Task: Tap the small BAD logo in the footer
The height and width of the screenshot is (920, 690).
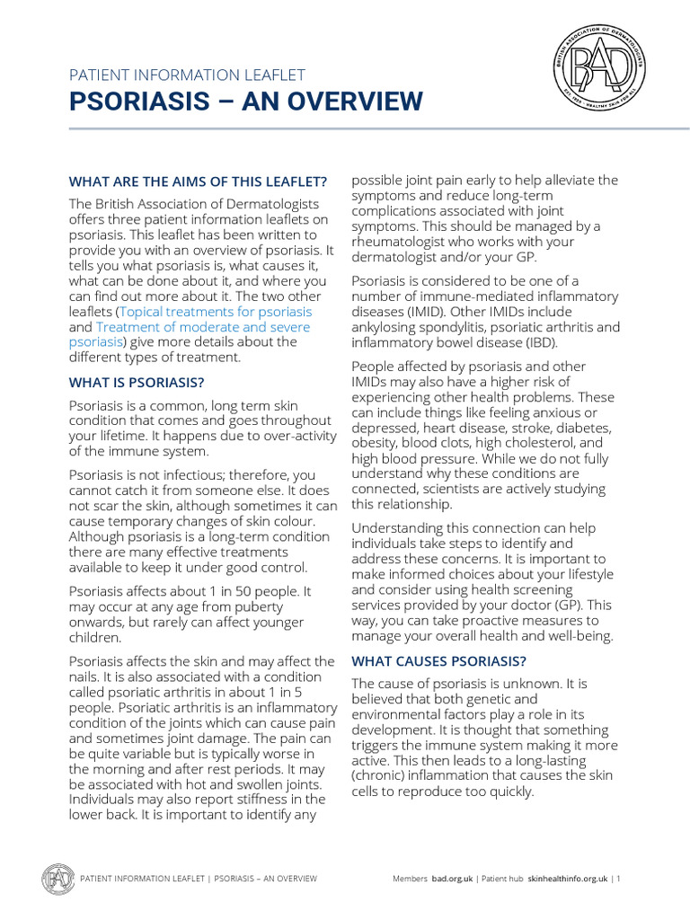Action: tap(58, 878)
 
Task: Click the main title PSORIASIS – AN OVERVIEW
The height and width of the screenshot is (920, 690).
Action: tap(245, 101)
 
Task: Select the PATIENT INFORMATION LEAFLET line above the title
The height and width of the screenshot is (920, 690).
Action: tap(188, 75)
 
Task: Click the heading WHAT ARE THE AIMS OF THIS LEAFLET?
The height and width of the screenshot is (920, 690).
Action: tap(199, 181)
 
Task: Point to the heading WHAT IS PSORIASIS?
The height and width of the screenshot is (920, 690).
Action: tap(135, 382)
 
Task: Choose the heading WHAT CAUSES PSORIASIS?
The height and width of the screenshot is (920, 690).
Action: tap(439, 661)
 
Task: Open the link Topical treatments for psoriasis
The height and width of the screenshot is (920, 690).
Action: tap(216, 311)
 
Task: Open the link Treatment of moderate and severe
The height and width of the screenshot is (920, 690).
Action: tap(203, 326)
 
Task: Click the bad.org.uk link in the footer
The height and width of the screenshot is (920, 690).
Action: tap(452, 879)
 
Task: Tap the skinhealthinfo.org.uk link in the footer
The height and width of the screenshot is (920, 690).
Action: tap(568, 879)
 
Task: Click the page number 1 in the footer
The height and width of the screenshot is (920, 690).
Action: tap(618, 879)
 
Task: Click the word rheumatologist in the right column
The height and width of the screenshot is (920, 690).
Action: tap(405, 242)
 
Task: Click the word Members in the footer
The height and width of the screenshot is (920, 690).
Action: tap(410, 879)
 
